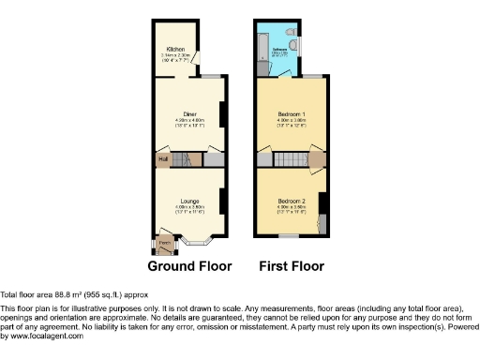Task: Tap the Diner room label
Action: point(189,113)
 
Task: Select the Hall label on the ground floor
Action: point(162,159)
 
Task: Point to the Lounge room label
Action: point(190,200)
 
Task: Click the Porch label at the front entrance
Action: point(164,242)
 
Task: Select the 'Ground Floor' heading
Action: point(189,266)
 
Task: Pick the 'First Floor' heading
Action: point(292,266)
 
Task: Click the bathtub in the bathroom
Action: point(262,49)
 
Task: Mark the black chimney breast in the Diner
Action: point(221,113)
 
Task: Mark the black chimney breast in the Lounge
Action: point(221,200)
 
